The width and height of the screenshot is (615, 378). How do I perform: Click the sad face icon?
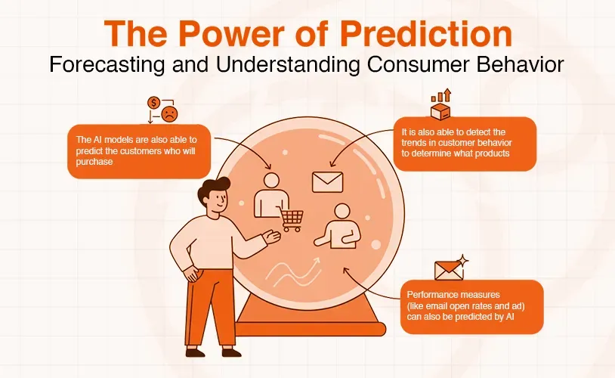[170, 115]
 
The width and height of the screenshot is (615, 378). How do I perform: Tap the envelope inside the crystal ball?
[327, 181]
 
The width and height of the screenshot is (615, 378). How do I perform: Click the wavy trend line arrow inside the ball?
[293, 270]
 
